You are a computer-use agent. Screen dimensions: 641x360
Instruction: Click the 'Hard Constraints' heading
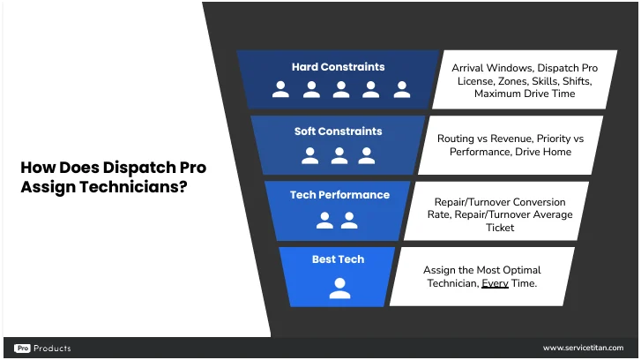338,67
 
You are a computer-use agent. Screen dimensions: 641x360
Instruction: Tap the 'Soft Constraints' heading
338,131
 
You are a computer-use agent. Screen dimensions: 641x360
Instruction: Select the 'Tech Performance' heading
339,195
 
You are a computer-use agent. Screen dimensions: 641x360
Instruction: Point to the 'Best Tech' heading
338,259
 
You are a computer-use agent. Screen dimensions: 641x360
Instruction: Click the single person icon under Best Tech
339,288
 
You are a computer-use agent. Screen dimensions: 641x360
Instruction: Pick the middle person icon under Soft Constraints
339,155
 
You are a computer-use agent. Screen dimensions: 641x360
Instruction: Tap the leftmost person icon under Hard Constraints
281,89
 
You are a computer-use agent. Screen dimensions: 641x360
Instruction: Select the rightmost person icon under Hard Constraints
402,89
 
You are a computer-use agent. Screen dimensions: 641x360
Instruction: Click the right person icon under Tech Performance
349,221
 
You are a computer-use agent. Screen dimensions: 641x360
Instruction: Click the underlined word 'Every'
495,283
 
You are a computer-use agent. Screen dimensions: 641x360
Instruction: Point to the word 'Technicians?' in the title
133,187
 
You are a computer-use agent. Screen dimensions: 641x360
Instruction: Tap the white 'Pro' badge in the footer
23,349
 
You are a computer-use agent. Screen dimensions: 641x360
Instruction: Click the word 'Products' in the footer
52,349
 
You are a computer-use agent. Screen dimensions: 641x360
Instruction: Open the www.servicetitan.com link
584,348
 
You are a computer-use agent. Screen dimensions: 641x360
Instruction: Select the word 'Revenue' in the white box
511,139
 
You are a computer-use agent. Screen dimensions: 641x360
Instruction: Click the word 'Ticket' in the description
500,228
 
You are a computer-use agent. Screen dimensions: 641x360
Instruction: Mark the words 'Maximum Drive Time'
525,94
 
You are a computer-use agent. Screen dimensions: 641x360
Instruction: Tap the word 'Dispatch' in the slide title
139,168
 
